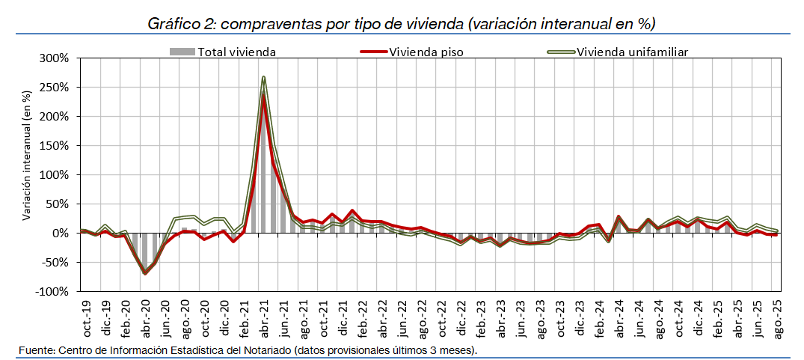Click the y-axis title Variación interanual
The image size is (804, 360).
point(28,155)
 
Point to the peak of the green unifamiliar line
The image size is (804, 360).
point(264,77)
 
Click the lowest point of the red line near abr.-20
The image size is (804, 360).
point(145,273)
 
